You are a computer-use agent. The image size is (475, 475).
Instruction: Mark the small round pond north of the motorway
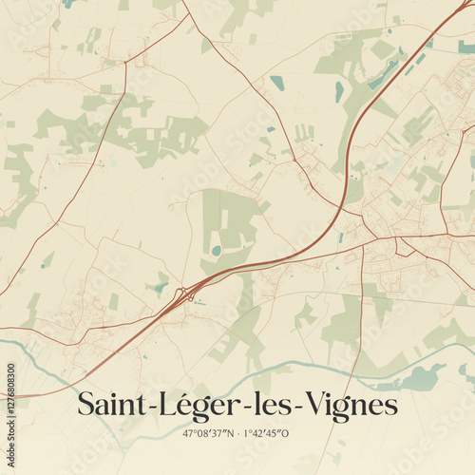click(x=217, y=251)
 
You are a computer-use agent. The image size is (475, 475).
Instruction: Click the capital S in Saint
click(x=85, y=406)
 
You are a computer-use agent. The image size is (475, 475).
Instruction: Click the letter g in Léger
click(x=192, y=409)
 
